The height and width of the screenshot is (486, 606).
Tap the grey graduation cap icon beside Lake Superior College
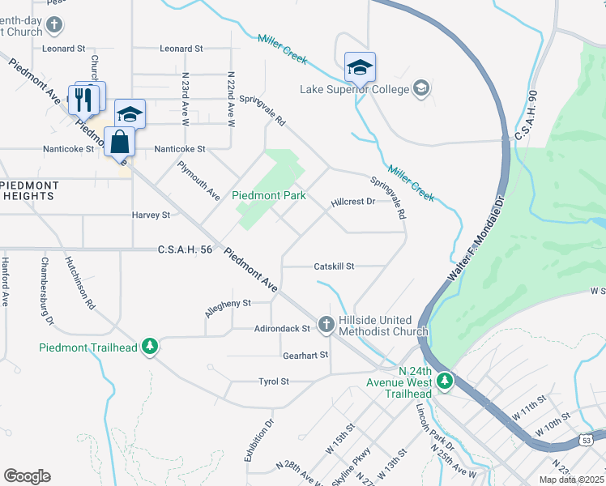(420, 87)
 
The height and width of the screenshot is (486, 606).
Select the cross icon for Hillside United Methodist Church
(326, 324)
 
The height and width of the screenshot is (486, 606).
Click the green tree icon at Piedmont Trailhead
(149, 347)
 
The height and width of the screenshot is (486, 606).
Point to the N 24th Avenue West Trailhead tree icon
(444, 380)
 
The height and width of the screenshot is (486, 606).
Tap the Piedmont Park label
(268, 195)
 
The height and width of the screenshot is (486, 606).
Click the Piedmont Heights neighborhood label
(28, 190)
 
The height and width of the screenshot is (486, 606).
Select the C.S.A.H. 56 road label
(185, 250)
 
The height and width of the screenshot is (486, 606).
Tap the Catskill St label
(335, 266)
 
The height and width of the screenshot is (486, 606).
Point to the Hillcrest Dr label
(352, 202)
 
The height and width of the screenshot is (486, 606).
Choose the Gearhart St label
(305, 355)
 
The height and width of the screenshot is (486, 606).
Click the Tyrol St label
(273, 381)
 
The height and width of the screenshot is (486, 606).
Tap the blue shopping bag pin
(119, 142)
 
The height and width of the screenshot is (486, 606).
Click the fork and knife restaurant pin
(83, 99)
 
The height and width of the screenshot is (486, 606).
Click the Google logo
(27, 475)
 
